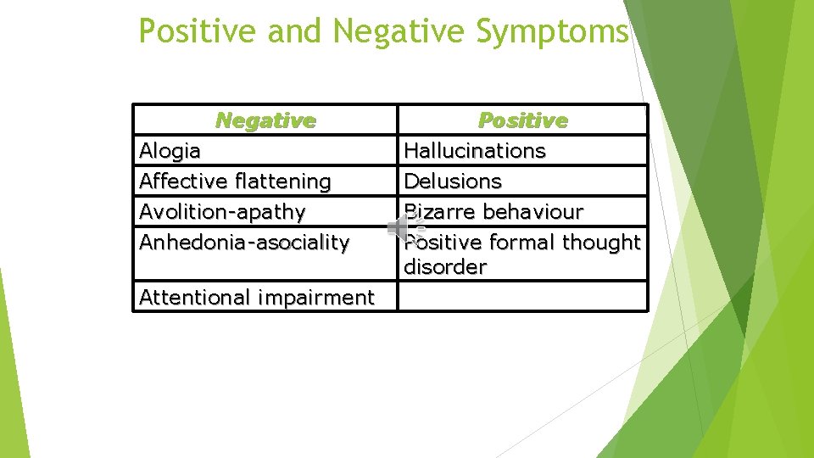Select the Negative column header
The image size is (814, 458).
pos(265,120)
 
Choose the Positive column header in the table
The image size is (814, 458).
pos(522,120)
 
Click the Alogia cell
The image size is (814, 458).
pos(170,151)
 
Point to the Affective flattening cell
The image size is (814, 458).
pos(235,182)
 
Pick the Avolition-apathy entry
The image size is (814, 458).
pos(222,211)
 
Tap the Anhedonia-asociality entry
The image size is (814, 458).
pos(244,243)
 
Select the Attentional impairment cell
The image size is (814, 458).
pos(256,298)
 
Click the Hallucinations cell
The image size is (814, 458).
pos(475,151)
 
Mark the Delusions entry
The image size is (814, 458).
pos(453,182)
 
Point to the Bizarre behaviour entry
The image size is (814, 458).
pos(493,211)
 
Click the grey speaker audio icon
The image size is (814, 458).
pos(401,227)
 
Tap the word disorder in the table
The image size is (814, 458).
pos(445,267)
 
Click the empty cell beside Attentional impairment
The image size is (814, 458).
pos(522,297)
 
